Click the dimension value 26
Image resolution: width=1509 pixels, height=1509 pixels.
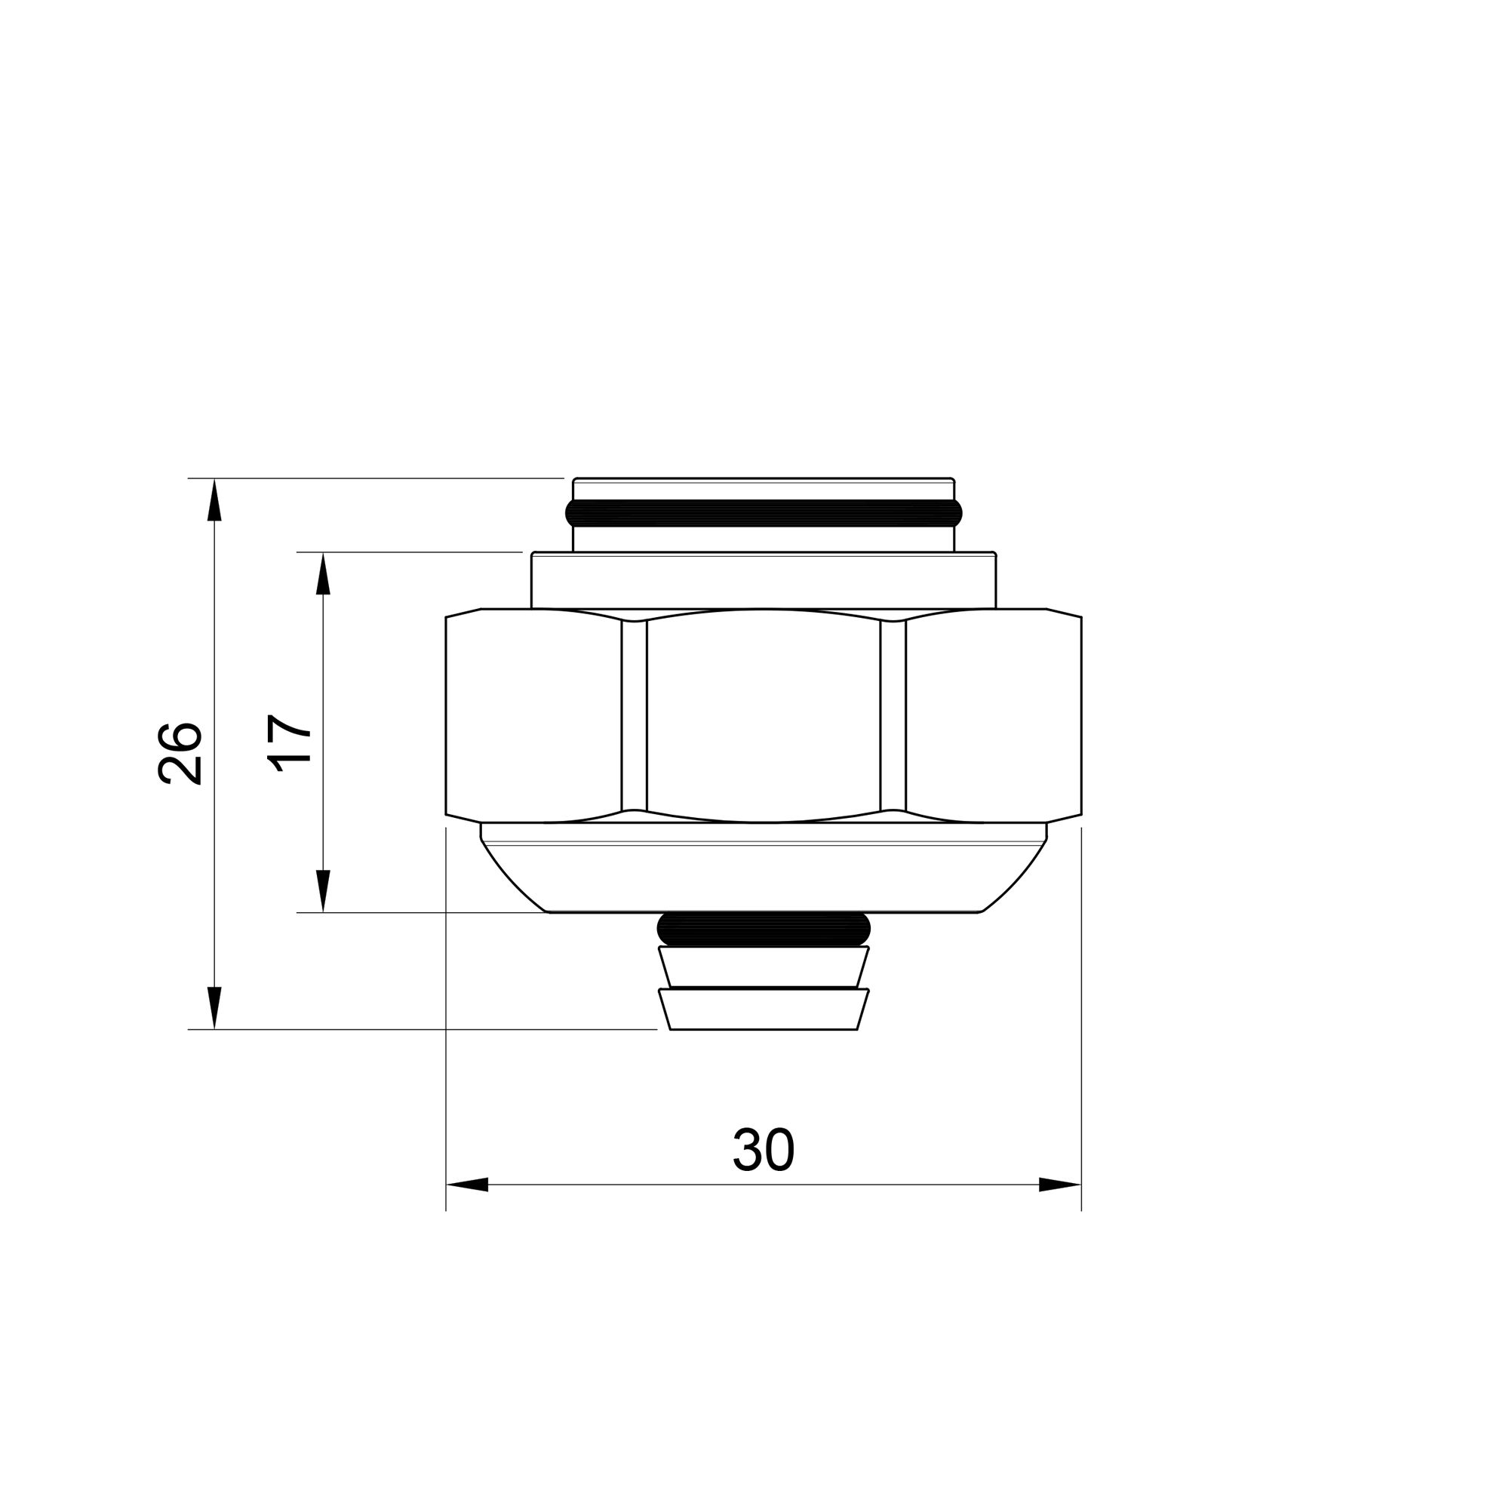(180, 753)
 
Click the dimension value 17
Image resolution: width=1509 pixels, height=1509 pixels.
(290, 742)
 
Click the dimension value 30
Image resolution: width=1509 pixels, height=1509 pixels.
(763, 1151)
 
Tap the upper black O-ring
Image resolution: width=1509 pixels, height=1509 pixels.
(763, 513)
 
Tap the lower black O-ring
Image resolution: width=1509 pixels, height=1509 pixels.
(763, 929)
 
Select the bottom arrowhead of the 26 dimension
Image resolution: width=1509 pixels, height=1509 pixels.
(215, 1007)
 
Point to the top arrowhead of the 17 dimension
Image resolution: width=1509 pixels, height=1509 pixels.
(324, 573)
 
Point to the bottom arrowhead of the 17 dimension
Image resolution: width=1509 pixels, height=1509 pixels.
(324, 891)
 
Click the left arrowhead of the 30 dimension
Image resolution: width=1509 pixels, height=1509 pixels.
(467, 1185)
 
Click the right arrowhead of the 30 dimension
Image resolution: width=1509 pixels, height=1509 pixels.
(1060, 1185)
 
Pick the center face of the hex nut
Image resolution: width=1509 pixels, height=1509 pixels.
(763, 716)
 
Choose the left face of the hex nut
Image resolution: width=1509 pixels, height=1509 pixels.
(533, 716)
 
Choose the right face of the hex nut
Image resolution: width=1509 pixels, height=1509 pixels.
(994, 716)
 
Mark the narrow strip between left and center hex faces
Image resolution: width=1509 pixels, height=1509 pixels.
(635, 716)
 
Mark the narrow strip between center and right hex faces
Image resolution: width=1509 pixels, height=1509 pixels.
(893, 716)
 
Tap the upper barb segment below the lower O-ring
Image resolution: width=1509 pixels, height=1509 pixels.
(763, 967)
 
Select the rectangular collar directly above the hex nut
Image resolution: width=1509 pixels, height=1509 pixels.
(763, 580)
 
